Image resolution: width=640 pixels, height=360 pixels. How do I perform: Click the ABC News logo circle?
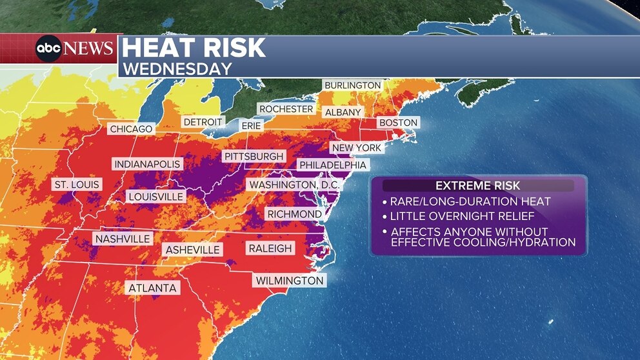[x=48, y=49]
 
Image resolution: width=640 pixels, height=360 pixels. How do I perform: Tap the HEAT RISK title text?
[x=194, y=48]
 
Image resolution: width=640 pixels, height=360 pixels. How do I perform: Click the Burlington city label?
[x=353, y=85]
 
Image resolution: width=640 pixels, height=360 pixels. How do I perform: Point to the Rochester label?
[x=286, y=109]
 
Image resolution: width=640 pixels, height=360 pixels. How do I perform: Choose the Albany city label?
[x=343, y=112]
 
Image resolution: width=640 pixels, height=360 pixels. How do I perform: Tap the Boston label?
[x=398, y=123]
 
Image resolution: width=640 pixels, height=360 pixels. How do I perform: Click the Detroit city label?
[x=203, y=122]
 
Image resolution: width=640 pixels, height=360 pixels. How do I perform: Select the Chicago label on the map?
[x=131, y=129]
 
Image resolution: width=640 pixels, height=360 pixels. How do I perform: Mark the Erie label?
[x=251, y=126]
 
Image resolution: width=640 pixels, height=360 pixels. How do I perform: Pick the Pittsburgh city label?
[x=254, y=157]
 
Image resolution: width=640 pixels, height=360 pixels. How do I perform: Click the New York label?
[x=356, y=148]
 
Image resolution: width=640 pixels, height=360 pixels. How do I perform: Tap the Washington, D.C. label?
[x=294, y=185]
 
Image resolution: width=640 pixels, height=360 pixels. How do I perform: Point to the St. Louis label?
[x=77, y=185]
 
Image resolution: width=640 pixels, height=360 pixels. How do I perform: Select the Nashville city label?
[x=122, y=239]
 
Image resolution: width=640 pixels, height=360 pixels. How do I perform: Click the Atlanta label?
[x=152, y=288]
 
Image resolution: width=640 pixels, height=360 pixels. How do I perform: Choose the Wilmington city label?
[x=289, y=281]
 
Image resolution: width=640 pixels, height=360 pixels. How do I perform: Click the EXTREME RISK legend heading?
[x=477, y=186]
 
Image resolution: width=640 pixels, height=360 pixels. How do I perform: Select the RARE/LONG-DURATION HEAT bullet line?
[x=470, y=202]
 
